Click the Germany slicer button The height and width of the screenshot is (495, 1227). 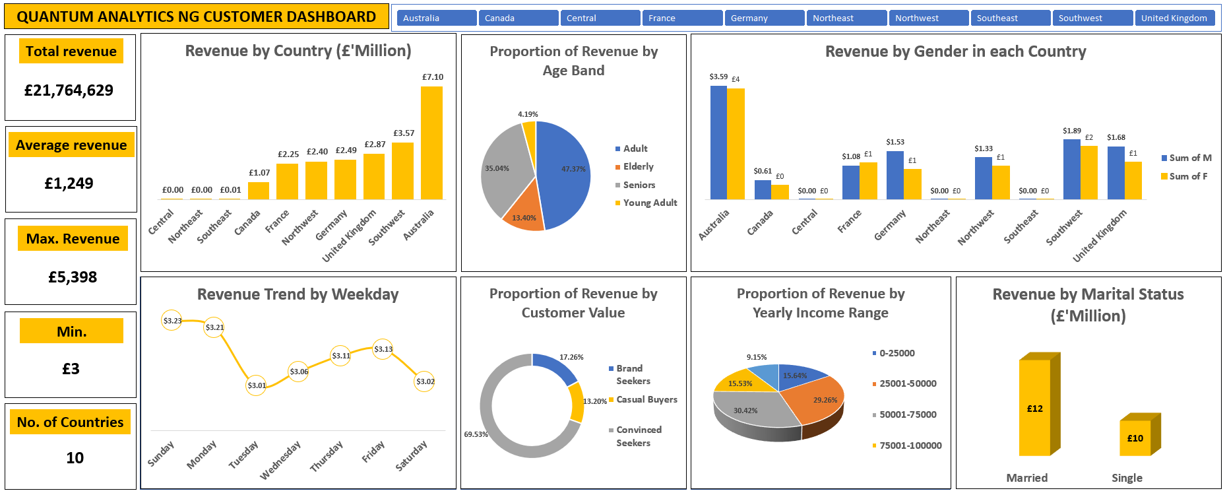click(764, 18)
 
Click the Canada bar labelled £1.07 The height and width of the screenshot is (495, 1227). click(258, 191)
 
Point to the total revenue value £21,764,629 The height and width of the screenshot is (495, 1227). click(69, 90)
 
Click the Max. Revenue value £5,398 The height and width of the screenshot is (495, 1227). click(73, 277)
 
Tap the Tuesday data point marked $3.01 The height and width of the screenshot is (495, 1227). click(256, 385)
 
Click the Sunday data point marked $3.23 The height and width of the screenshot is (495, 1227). click(172, 321)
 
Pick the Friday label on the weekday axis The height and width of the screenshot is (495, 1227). click(373, 452)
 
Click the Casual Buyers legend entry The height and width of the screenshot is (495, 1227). click(646, 400)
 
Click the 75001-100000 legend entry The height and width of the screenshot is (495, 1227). click(910, 445)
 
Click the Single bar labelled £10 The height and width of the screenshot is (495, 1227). click(1135, 438)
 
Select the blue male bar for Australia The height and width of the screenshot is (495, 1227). click(718, 143)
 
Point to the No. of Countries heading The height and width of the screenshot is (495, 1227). click(70, 422)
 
